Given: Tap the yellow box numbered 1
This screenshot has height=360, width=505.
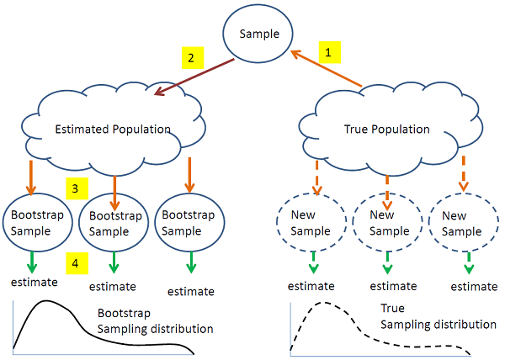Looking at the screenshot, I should (x=330, y=52).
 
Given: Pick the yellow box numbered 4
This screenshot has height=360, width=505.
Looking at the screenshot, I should (x=76, y=264).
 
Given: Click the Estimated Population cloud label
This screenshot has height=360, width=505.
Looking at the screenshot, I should (x=113, y=130).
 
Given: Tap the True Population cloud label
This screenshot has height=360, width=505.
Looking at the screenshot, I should (x=387, y=130).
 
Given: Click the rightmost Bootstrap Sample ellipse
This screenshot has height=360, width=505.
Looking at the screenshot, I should (x=189, y=222).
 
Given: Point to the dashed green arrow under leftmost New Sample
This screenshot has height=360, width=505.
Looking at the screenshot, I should (x=313, y=262).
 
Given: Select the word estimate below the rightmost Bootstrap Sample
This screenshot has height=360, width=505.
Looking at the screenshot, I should (x=189, y=291).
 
